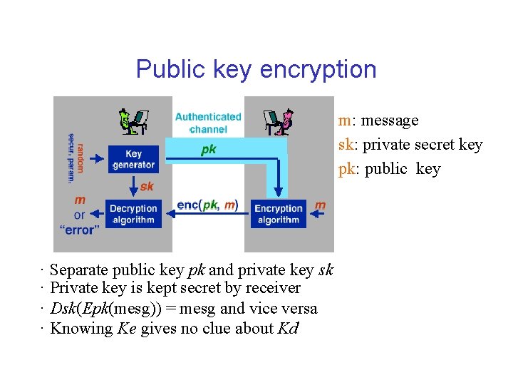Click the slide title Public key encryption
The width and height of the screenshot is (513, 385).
click(256, 69)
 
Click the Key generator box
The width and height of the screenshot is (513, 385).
click(133, 159)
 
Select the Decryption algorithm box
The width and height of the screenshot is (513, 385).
click(133, 214)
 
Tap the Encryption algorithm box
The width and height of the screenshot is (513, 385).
click(279, 214)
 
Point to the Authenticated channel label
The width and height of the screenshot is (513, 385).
click(208, 123)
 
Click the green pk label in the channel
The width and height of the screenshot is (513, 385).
click(209, 150)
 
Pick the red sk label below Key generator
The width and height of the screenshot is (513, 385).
click(147, 186)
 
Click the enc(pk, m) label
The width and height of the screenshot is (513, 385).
click(207, 205)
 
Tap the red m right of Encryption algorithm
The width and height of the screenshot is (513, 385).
click(320, 205)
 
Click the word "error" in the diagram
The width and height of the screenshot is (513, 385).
click(79, 230)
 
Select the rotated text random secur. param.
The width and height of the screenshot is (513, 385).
click(75, 157)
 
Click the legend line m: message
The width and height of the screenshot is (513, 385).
click(378, 120)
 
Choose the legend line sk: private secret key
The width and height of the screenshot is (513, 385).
click(410, 145)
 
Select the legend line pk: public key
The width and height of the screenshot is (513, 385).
click(389, 169)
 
